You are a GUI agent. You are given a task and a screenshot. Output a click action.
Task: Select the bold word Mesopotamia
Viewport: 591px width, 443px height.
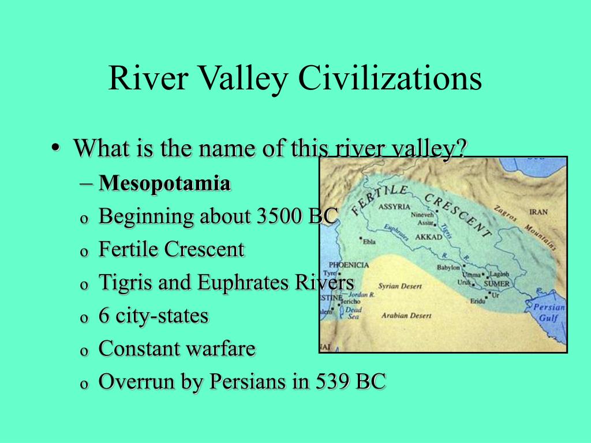[x=164, y=184]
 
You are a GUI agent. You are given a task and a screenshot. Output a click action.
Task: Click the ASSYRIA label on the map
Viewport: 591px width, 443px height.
[x=394, y=207]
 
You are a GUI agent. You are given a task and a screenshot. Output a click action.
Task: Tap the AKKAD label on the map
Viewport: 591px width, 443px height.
[x=428, y=237]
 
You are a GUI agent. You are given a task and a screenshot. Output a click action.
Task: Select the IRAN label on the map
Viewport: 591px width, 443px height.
[x=538, y=212]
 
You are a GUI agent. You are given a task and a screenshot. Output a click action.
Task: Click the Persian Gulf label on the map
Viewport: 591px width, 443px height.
[x=548, y=313]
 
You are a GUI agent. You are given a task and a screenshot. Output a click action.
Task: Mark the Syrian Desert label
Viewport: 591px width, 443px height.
[x=400, y=286]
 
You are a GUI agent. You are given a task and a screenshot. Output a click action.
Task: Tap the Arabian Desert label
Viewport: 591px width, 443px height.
[x=406, y=316]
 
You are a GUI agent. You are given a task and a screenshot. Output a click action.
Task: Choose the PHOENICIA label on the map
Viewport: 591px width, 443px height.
[x=349, y=265]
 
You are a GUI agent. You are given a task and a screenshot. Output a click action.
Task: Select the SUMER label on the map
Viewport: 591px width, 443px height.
[x=496, y=284]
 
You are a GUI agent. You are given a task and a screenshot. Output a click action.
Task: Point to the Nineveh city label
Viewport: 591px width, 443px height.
[x=421, y=215]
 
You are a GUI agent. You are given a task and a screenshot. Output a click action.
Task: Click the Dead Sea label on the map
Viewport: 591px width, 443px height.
[x=353, y=313]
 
